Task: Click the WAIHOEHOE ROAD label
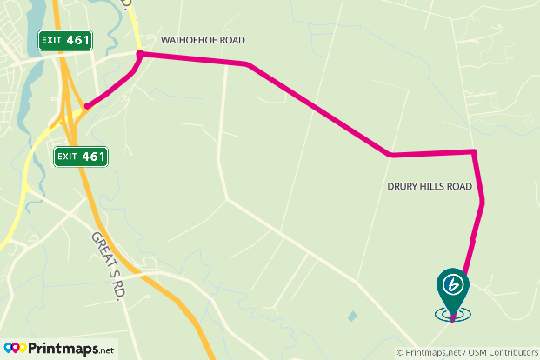pos(203,40)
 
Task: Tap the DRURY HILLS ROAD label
pos(429,187)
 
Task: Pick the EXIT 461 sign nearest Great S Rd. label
pos(81,157)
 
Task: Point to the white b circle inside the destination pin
pos(452,283)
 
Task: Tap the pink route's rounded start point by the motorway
pos(86,106)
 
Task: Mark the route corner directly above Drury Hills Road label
pos(474,153)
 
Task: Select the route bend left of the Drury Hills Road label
pos(390,155)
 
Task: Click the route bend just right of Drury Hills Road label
pos(482,202)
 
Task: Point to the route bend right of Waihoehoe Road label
pos(249,64)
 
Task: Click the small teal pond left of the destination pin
pos(351,316)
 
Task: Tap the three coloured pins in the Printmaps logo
pos(15,349)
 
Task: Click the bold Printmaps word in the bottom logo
pos(62,349)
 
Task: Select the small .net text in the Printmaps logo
pos(104,350)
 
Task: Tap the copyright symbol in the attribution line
pos(400,352)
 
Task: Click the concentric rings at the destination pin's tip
pos(452,316)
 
